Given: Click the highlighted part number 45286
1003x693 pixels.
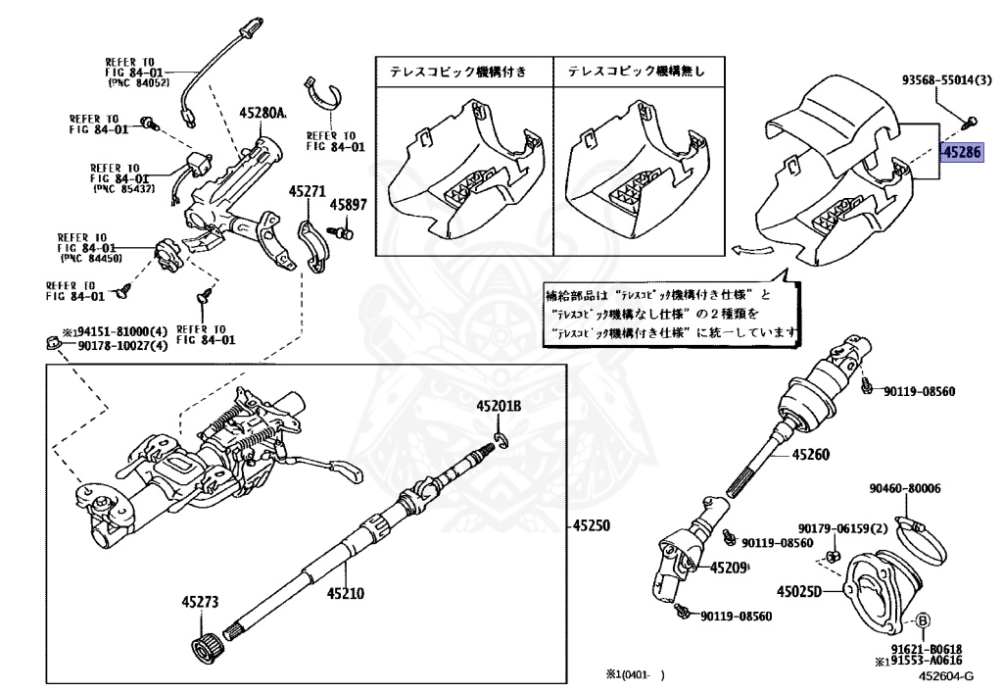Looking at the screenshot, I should coord(960,152).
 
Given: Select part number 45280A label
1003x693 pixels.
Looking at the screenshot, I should coord(263,114).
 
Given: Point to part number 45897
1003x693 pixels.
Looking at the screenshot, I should coord(347,205).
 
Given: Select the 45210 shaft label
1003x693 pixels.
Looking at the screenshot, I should coord(346,592).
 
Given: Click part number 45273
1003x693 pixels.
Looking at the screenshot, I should coord(199,602).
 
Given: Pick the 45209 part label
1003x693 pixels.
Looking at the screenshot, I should coord(729,568).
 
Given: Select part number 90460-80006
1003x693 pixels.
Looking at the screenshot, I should coord(904,487).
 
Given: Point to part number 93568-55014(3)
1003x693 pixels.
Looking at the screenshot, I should coord(946,79).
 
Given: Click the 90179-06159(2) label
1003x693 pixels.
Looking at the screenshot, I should coord(841,527).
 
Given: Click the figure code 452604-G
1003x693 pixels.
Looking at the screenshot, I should coord(945,675).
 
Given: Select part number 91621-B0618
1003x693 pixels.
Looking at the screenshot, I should coord(927,649).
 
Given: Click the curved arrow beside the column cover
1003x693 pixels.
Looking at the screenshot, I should coord(750,252).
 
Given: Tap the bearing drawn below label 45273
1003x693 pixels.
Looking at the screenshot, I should coord(206,648).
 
